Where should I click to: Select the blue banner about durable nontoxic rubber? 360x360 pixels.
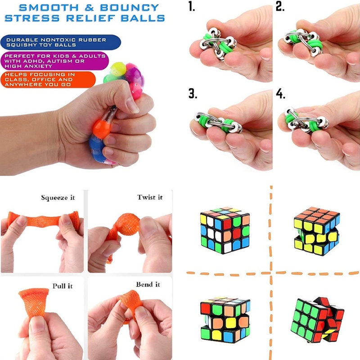tap(61, 42)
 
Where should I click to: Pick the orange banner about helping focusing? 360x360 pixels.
tap(47, 79)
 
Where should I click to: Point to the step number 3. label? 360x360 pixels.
tap(193, 94)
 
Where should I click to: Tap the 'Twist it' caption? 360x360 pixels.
tap(150, 198)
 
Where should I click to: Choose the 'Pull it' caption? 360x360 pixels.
tap(63, 286)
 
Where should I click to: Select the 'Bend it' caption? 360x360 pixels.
tap(148, 285)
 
